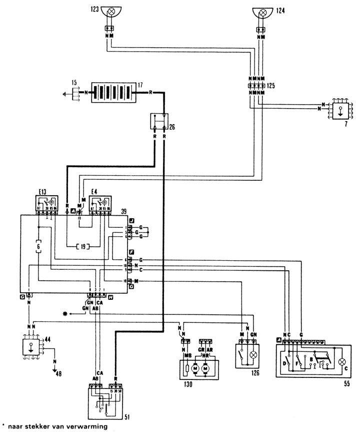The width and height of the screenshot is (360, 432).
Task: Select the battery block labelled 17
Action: pyautogui.click(x=112, y=93)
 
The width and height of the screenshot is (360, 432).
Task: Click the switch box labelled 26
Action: pyautogui.click(x=159, y=122)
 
